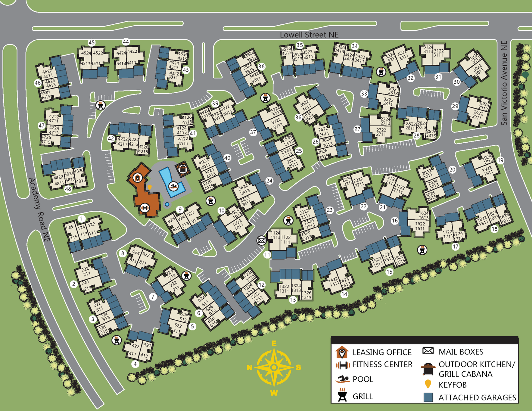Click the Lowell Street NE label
(x=309, y=35)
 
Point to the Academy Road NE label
(x=39, y=210)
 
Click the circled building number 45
(x=92, y=43)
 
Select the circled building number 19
(x=500, y=160)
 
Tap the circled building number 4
(x=135, y=364)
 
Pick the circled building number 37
(x=253, y=132)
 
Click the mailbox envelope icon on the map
(x=261, y=240)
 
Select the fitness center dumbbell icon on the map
(x=145, y=208)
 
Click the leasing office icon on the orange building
(x=138, y=177)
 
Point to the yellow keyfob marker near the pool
(x=149, y=187)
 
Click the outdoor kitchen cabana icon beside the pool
(x=183, y=169)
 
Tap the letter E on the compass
(x=274, y=343)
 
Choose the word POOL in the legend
(x=363, y=379)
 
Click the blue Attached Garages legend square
(x=428, y=397)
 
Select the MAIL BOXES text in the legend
(x=461, y=352)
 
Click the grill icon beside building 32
(x=381, y=72)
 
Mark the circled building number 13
(x=293, y=300)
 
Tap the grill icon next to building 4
(x=117, y=340)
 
